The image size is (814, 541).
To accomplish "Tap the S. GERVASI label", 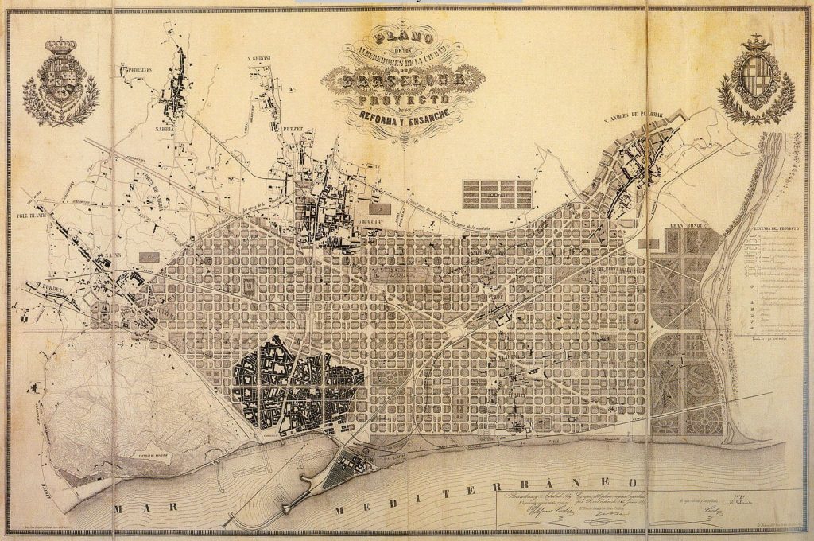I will (x=259, y=58).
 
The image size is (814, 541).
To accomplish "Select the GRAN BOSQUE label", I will (x=683, y=225).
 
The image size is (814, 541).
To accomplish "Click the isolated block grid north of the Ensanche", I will (x=497, y=193).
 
